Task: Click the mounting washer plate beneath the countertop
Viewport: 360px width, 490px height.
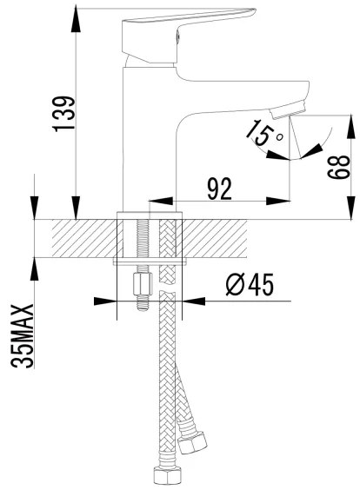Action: coord(151,260)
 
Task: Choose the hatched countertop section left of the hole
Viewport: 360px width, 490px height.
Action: coord(83,236)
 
